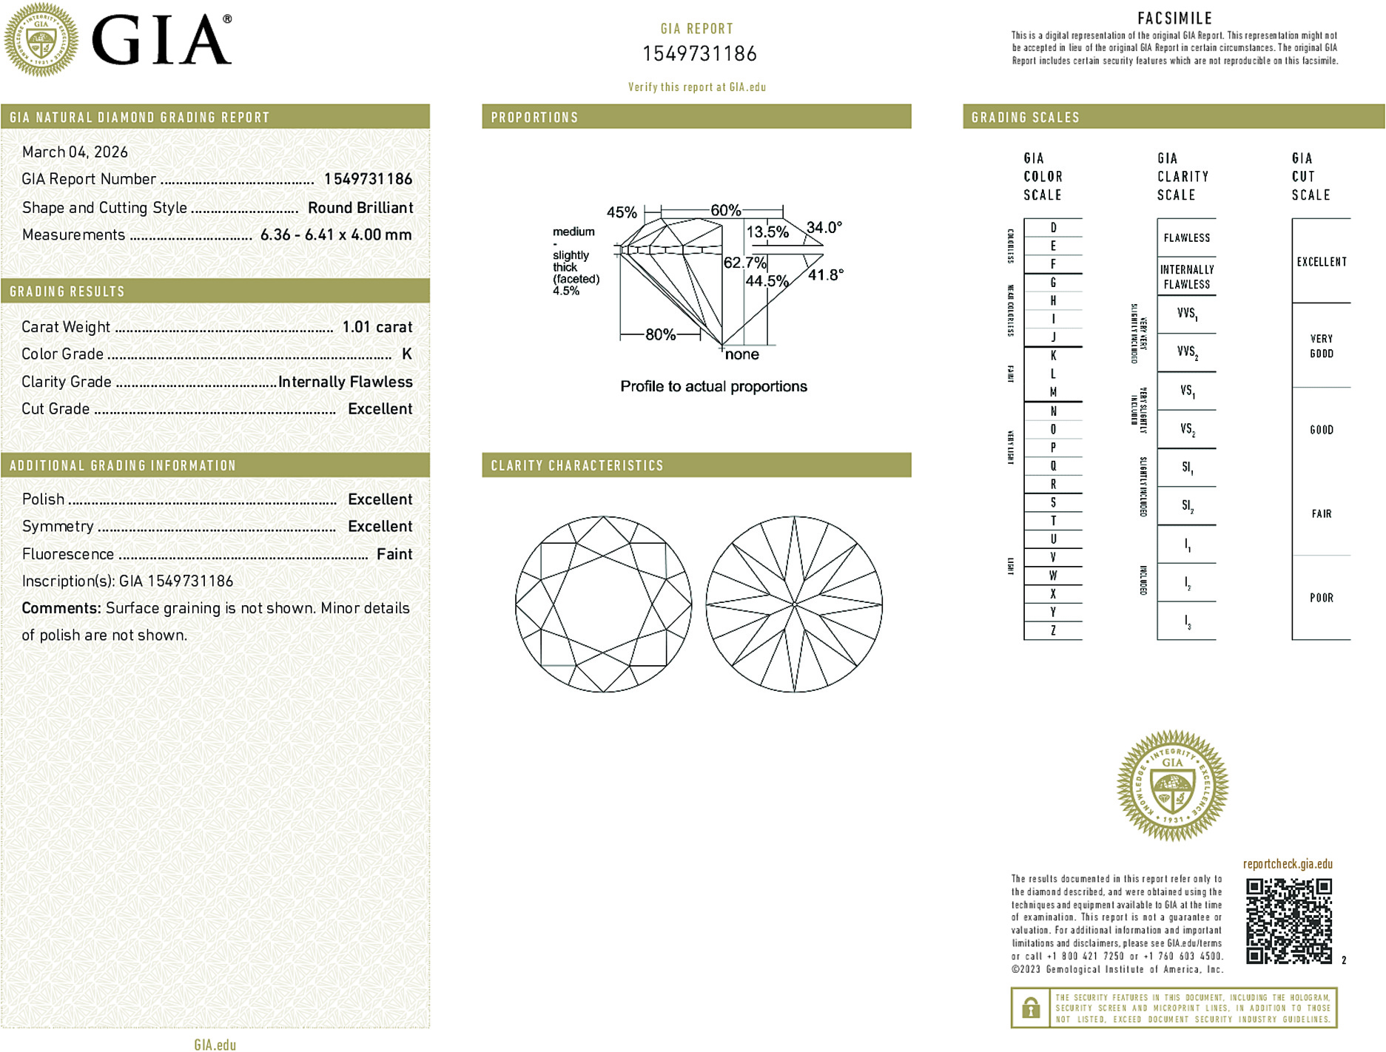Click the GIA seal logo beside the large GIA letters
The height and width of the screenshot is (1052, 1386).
click(x=41, y=39)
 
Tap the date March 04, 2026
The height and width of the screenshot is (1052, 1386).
click(x=75, y=152)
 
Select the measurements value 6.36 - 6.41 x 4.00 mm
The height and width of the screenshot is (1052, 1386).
click(x=336, y=235)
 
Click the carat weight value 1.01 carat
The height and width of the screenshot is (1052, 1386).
click(x=377, y=327)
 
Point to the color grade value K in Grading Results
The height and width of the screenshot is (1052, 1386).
click(x=406, y=354)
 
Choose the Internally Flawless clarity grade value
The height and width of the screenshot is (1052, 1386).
click(x=345, y=382)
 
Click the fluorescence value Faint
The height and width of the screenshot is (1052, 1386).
click(x=394, y=554)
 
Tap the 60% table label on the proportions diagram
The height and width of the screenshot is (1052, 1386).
click(x=725, y=210)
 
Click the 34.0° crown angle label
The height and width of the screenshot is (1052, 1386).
click(x=824, y=227)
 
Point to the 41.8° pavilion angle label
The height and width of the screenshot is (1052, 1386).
click(x=825, y=275)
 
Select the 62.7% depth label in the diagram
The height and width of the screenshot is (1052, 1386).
click(x=744, y=263)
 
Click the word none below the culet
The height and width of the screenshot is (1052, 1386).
click(x=741, y=354)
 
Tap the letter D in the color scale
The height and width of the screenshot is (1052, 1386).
click(x=1053, y=228)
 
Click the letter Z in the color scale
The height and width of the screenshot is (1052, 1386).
click(x=1053, y=630)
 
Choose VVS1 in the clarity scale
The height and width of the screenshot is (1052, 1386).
click(x=1186, y=314)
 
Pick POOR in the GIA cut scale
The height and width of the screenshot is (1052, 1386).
click(x=1321, y=598)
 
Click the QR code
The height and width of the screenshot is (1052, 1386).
click(x=1288, y=921)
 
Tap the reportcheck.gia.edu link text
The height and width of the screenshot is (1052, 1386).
click(x=1288, y=864)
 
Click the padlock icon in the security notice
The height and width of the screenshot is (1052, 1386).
click(x=1030, y=1008)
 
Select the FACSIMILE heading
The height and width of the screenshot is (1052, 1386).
click(x=1174, y=18)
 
